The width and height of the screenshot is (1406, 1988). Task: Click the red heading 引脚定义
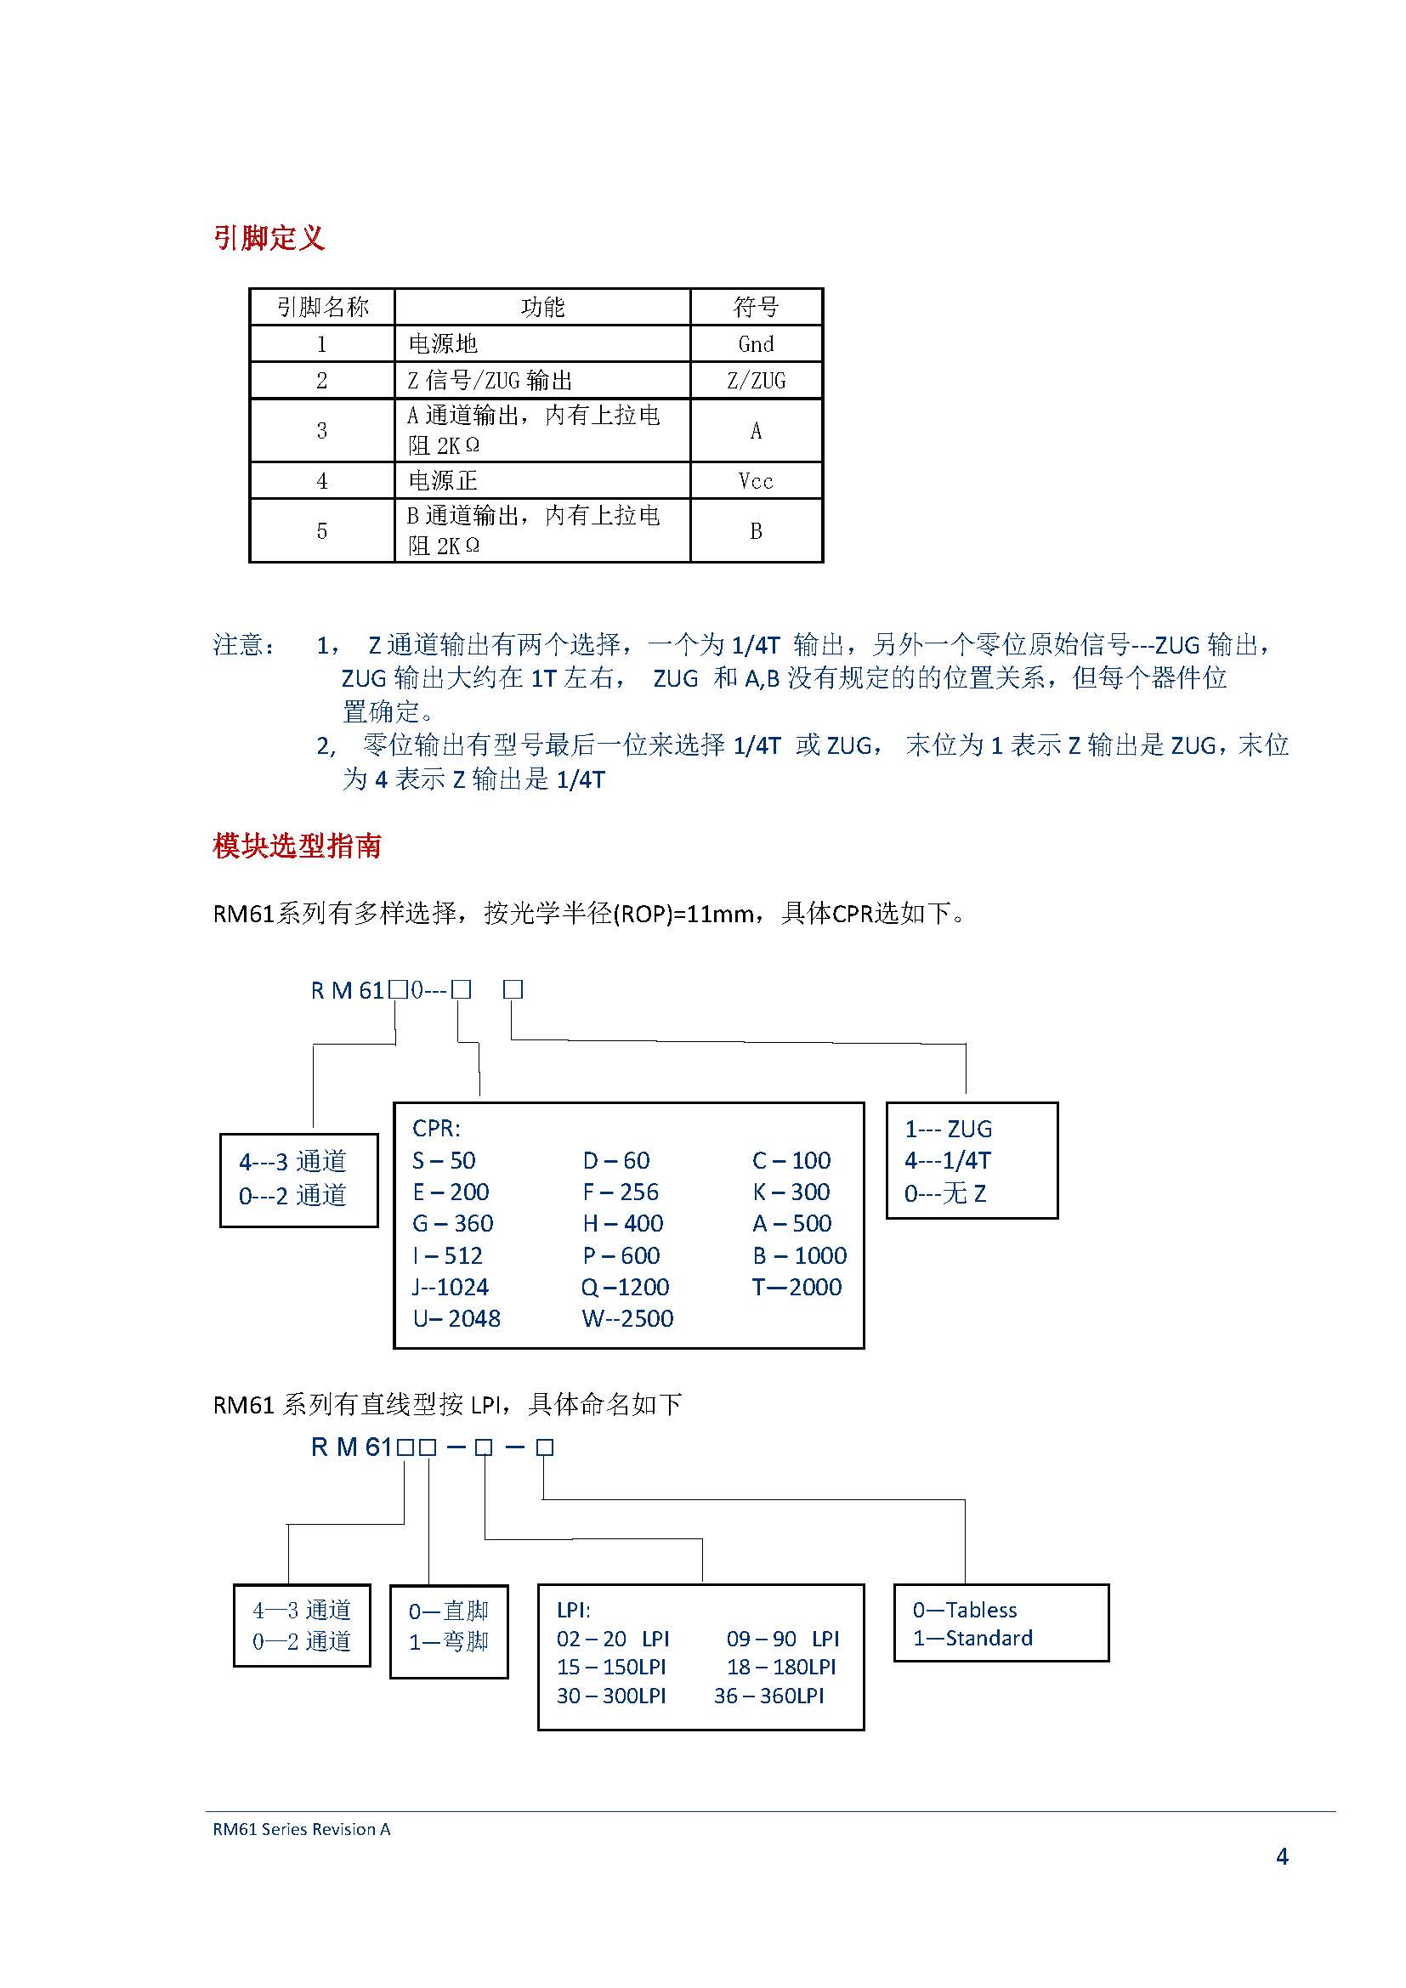269,237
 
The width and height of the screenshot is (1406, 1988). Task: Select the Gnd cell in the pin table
755,343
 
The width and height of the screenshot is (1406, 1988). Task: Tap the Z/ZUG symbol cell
755,380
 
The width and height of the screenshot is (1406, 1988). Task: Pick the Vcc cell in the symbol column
755,480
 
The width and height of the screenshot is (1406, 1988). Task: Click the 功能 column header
542,307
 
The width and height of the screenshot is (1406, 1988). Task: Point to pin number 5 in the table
321,530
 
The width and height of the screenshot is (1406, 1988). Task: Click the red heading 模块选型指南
297,845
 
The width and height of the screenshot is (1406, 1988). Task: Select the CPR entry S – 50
444,1160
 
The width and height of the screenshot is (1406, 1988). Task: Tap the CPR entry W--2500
626,1318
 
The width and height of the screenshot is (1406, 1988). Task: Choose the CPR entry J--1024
451,1287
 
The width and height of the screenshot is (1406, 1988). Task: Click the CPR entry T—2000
797,1287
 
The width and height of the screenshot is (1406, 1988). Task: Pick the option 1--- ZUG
948,1129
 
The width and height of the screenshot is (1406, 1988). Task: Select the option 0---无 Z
944,1193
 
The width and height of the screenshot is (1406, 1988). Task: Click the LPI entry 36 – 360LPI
768,1696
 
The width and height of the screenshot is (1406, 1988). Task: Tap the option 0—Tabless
965,1610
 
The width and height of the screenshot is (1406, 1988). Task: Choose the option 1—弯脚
449,1642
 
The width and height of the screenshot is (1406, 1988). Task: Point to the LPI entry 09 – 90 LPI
783,1638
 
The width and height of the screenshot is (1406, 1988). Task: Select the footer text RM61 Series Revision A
301,1829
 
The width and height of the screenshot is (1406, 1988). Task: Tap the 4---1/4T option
947,1160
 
